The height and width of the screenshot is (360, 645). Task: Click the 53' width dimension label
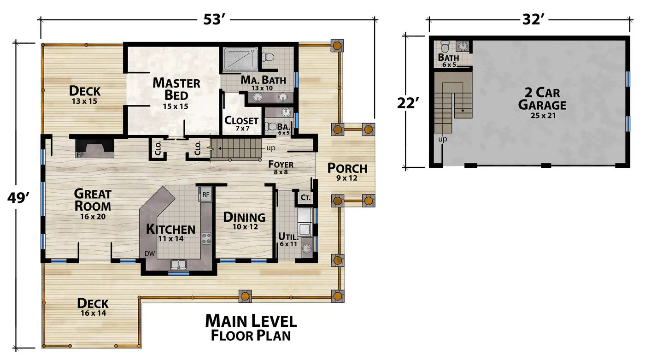pos(214,19)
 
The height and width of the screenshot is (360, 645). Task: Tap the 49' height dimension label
pos(18,198)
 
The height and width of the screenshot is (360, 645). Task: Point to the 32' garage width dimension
pos(534,19)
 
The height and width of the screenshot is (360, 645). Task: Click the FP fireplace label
pos(80,155)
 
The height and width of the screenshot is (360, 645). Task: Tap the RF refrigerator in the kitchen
pos(205,195)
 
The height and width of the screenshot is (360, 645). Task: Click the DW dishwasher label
pos(150,254)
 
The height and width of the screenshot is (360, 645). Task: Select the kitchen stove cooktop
pos(206,238)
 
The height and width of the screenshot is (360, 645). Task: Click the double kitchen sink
pos(178,265)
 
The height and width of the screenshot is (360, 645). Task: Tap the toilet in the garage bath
pos(445,47)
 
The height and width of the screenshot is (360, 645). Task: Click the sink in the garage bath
pos(463,46)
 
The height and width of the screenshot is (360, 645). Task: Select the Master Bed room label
pos(176,89)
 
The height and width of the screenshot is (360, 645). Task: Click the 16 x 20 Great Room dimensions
pos(93,216)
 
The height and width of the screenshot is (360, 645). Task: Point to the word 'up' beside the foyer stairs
pos(271,148)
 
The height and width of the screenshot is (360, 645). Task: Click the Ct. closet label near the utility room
pos(305,198)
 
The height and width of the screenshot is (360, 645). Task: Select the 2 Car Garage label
pos(542,99)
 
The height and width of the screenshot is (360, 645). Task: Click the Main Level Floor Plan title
pos(251,328)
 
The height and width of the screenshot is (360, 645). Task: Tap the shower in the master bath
pos(240,59)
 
